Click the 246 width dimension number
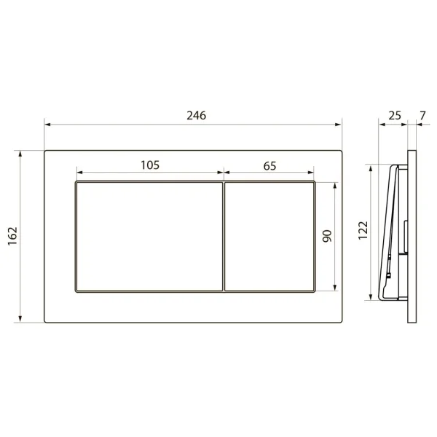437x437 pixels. click(196, 115)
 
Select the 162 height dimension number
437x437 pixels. click(13, 236)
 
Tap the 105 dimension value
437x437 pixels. click(150, 165)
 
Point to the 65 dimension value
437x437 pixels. click(269, 166)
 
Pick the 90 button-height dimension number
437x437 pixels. click(327, 236)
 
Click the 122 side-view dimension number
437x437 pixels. click(363, 230)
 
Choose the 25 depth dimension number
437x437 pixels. click(395, 115)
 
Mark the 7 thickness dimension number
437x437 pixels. click(422, 115)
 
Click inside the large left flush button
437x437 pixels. click(149, 237)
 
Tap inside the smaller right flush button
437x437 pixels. click(269, 237)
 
